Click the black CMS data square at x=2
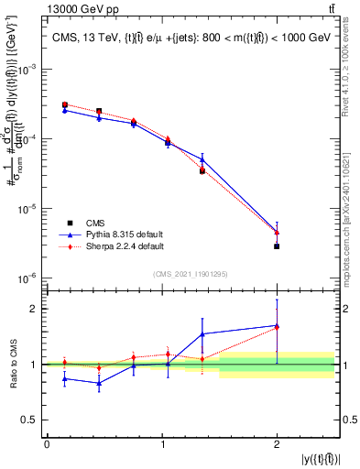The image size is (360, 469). [277, 246]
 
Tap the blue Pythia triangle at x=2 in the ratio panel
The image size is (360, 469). [277, 325]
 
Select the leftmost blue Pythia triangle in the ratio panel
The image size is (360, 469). [64, 378]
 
